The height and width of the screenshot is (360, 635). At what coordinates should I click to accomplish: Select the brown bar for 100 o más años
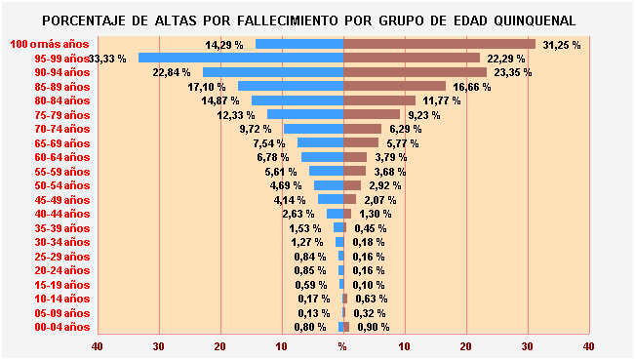coord(439,44)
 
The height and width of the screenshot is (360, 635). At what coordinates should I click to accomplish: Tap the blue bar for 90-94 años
coord(273,72)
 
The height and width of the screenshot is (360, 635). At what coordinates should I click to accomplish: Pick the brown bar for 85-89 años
coord(394,87)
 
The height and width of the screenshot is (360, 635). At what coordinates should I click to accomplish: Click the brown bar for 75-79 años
coord(372,114)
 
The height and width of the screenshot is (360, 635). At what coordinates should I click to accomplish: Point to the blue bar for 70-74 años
coord(313,129)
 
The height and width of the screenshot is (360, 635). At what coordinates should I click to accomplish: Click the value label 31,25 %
coord(562,45)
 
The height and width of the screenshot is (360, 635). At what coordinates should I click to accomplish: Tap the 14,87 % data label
coord(218,100)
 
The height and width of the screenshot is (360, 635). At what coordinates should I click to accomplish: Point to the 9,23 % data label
coord(423,115)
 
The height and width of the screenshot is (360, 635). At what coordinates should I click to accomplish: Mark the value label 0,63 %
coord(371,299)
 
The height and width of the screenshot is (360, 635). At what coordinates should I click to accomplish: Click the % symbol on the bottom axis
coord(342,345)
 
